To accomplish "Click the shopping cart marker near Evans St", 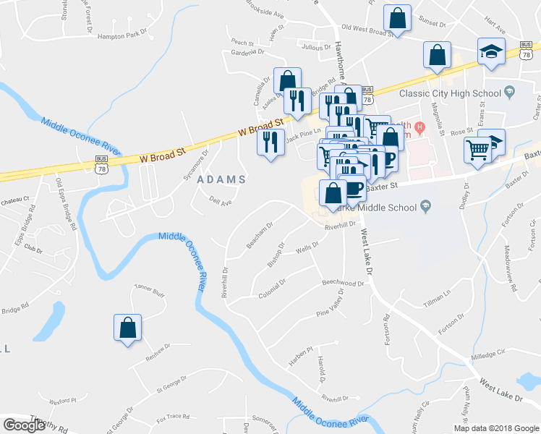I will click(478, 150).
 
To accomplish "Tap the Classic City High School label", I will click(451, 93).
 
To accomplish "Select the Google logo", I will click(24, 425).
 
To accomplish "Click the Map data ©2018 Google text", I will click(495, 428).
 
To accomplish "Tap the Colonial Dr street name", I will click(272, 288).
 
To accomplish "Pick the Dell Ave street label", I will click(219, 202).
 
